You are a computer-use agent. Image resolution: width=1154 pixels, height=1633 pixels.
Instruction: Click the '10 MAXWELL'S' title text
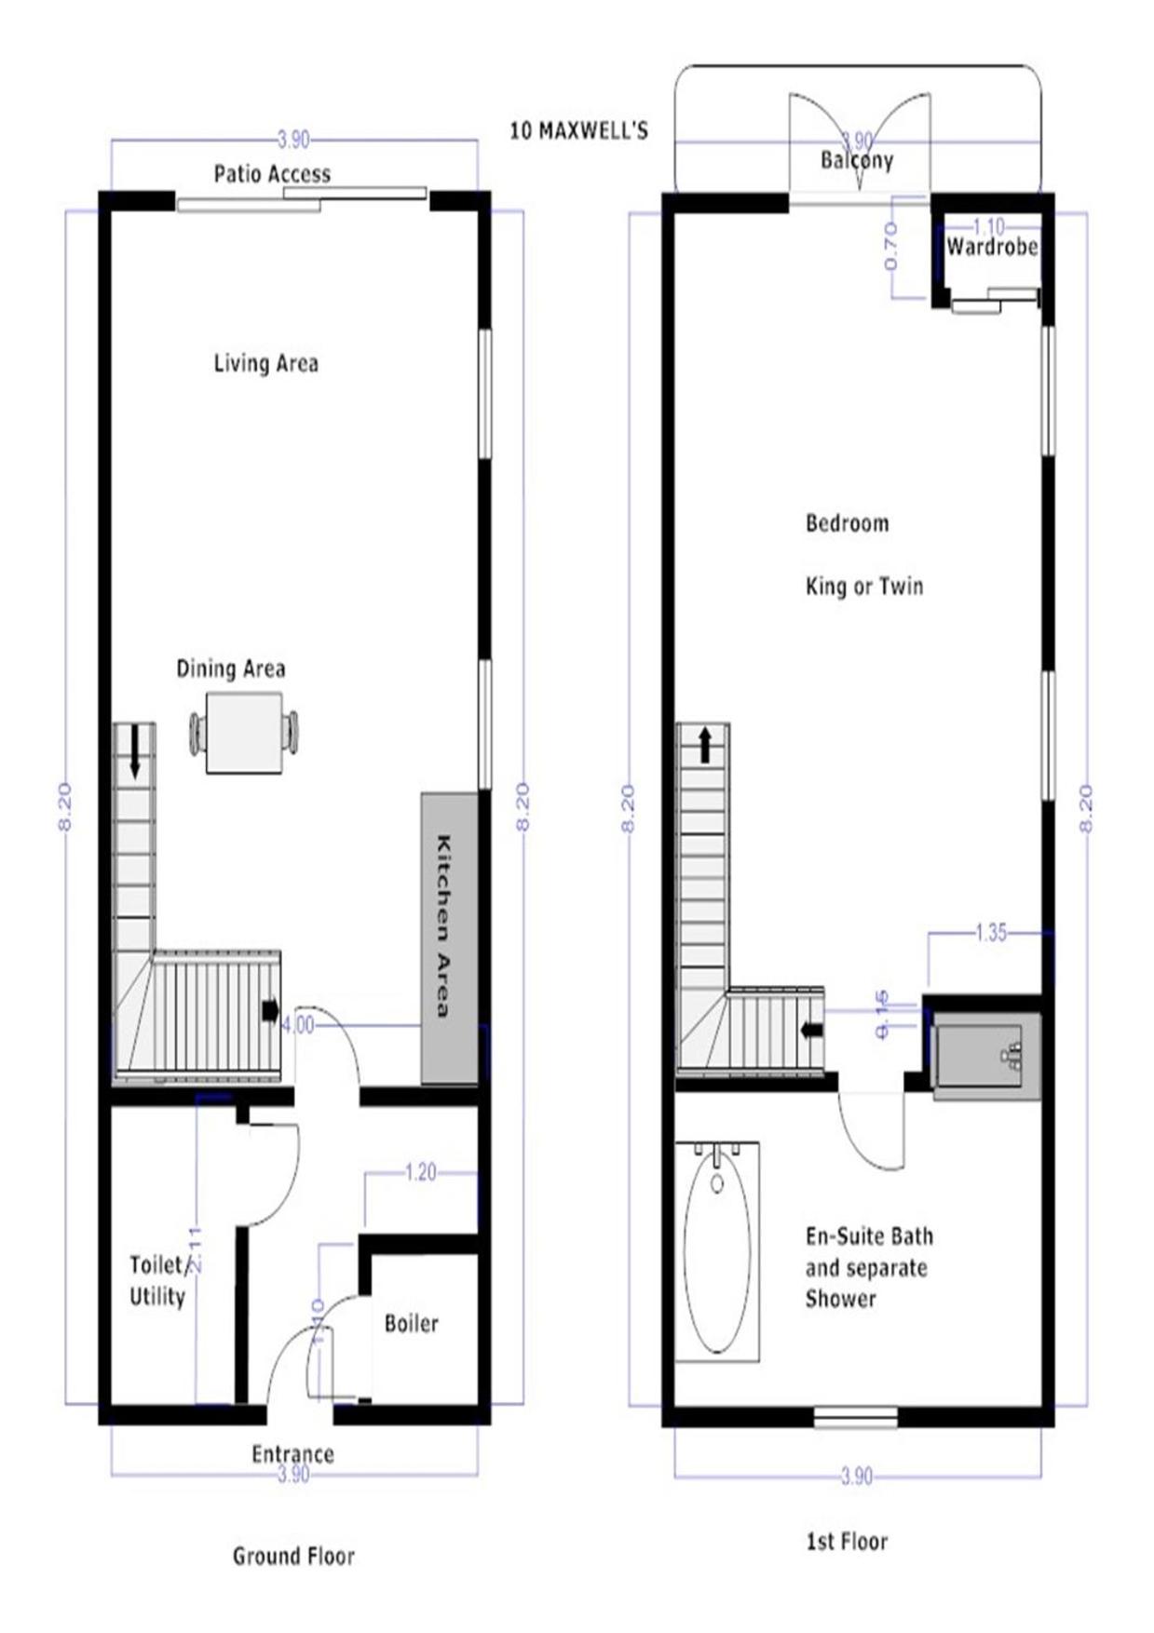tap(577, 130)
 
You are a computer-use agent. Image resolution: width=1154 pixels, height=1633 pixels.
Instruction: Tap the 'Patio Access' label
tap(272, 174)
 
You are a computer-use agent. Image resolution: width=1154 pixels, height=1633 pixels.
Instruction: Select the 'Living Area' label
tap(266, 363)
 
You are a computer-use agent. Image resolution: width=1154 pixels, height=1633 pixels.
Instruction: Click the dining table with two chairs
tap(244, 733)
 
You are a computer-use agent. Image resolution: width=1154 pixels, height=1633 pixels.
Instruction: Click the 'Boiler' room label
tap(411, 1323)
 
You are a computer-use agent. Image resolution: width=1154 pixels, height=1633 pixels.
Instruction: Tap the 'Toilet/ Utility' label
tap(157, 1280)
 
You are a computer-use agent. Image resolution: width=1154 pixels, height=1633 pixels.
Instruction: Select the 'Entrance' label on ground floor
tap(292, 1453)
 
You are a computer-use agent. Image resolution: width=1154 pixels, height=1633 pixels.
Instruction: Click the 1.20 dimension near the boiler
tap(421, 1172)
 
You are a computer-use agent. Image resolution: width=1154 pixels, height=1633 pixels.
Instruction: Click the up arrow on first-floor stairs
tap(705, 746)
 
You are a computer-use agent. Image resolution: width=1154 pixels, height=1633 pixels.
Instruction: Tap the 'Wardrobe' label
tap(992, 247)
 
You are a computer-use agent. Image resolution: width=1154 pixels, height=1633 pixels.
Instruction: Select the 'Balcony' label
tap(857, 160)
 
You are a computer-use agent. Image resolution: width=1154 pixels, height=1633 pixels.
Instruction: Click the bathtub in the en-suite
tap(716, 1252)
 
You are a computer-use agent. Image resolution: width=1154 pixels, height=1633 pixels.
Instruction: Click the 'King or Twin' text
tap(864, 587)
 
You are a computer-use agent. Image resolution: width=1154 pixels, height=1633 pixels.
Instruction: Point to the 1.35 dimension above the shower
tap(991, 933)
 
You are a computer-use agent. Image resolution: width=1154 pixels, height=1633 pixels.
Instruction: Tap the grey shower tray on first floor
tap(985, 1058)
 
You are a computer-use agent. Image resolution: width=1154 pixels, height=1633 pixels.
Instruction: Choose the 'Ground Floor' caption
tap(293, 1556)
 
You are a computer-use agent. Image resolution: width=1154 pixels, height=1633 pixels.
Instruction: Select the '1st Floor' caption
tap(847, 1542)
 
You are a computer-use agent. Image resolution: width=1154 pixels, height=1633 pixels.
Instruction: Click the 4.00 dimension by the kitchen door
tap(298, 1025)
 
